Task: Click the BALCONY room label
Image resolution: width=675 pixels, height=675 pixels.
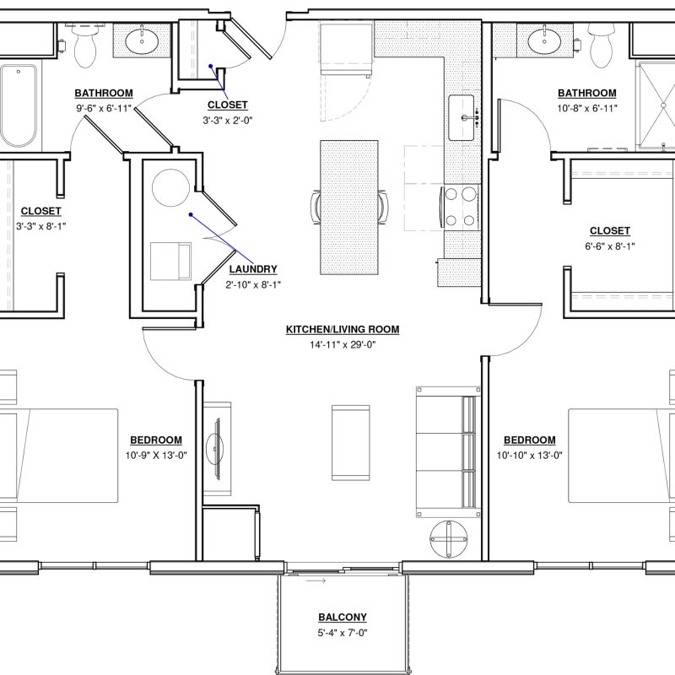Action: [x=343, y=618]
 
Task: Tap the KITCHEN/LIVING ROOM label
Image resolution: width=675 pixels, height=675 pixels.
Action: [x=343, y=329]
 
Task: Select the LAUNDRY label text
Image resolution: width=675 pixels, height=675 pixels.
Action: [x=252, y=269]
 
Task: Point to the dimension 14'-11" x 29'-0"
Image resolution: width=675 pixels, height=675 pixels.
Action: [x=343, y=344]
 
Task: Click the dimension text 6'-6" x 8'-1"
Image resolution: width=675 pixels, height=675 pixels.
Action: [x=609, y=246]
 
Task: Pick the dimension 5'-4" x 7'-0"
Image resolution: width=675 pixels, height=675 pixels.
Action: [x=343, y=633]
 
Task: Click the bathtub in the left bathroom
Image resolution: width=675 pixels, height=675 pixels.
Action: [x=19, y=106]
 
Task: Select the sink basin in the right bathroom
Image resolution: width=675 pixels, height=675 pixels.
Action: [x=544, y=40]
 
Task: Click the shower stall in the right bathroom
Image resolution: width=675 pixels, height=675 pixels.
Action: [x=656, y=106]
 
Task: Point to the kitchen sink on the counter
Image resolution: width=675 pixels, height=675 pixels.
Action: [x=462, y=117]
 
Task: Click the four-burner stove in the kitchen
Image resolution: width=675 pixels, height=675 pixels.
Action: [x=460, y=207]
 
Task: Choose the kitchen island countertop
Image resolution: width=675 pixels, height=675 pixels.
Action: [x=349, y=207]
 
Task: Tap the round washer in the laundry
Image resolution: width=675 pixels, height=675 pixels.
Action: [x=171, y=188]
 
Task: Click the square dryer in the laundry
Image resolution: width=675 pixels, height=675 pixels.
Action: [x=170, y=262]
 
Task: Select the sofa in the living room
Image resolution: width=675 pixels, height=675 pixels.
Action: [x=448, y=451]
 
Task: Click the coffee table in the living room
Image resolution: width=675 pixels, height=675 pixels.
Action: [x=350, y=442]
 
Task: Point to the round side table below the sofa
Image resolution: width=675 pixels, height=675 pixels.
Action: [x=449, y=539]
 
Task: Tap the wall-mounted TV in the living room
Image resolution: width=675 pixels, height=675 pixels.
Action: [x=217, y=448]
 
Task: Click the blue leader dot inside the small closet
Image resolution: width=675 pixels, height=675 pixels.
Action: [x=210, y=67]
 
